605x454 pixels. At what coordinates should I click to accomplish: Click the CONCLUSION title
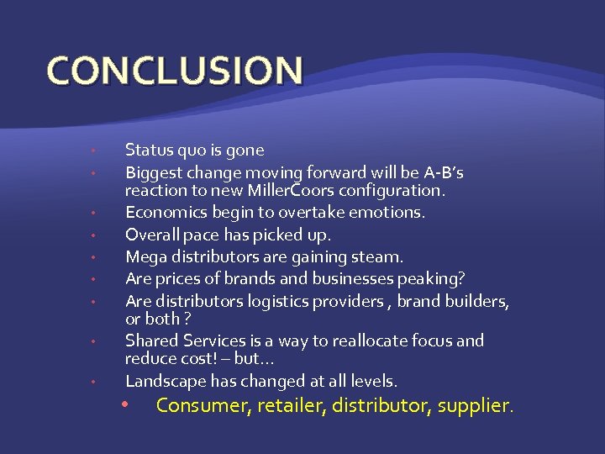[x=175, y=71]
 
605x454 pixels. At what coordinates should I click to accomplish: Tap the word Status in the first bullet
[x=148, y=150]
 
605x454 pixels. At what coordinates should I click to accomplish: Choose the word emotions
[x=387, y=213]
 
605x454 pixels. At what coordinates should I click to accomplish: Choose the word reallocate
[x=375, y=340]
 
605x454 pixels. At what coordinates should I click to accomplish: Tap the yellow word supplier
[x=473, y=406]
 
